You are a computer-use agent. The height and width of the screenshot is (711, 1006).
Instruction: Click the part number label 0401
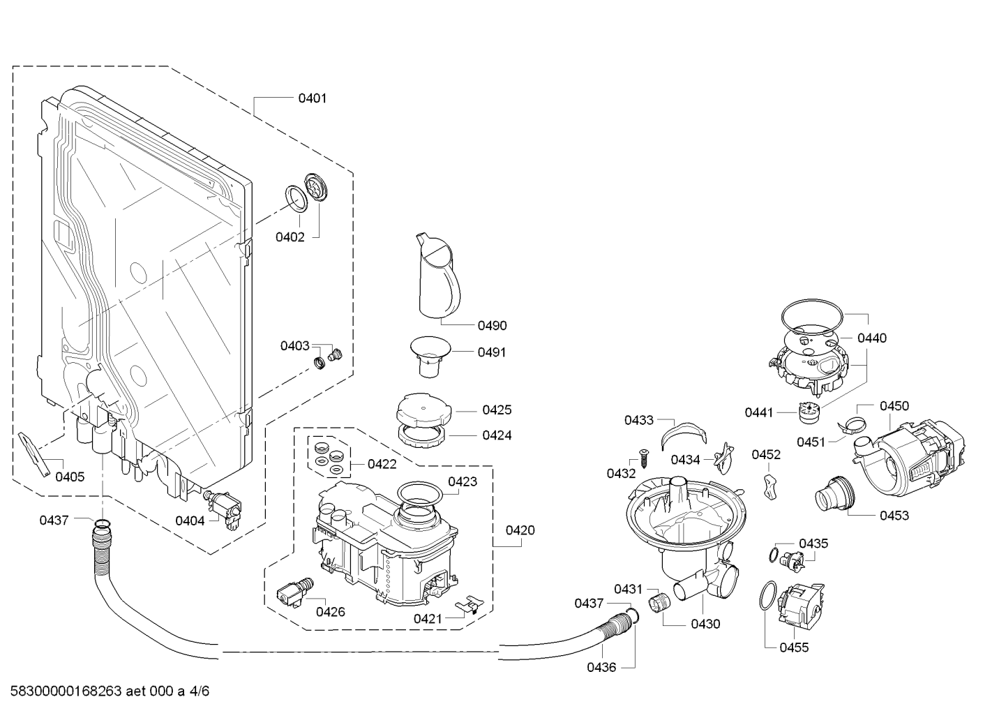click(x=312, y=98)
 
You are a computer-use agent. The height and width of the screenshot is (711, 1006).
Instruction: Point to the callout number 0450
click(x=894, y=406)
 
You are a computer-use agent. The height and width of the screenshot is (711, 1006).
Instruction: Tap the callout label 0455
click(x=794, y=648)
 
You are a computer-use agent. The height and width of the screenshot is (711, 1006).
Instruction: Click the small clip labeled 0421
click(x=467, y=605)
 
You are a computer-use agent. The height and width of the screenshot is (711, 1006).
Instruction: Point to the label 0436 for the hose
click(x=601, y=668)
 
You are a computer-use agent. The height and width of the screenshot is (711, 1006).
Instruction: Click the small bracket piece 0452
click(x=769, y=486)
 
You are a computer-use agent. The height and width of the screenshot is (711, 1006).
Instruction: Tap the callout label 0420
click(x=520, y=530)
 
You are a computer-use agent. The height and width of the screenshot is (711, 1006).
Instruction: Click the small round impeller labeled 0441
click(x=808, y=413)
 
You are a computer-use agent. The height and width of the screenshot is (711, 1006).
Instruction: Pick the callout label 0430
click(x=705, y=624)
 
